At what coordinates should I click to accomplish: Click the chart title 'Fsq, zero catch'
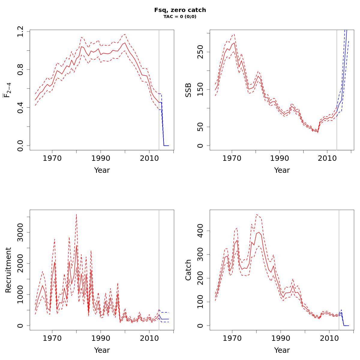(180, 10)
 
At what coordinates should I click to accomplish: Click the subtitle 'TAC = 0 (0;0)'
(180, 17)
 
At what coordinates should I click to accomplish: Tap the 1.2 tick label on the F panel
(20, 31)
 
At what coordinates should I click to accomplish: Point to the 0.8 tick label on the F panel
(20, 69)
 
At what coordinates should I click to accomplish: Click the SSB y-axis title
(188, 90)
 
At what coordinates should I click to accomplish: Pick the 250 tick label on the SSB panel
(200, 52)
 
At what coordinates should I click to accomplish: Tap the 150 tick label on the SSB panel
(200, 89)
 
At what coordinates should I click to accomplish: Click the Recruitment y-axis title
(8, 270)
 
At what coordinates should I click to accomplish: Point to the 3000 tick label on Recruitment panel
(20, 232)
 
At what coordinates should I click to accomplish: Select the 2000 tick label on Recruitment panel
(20, 263)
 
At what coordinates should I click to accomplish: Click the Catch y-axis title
(188, 270)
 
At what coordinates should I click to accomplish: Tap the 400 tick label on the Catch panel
(200, 231)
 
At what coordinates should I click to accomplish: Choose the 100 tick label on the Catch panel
(200, 302)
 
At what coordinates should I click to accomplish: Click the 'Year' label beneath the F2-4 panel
(102, 170)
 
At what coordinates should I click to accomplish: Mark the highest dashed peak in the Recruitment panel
(76, 214)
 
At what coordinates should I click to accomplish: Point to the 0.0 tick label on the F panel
(20, 145)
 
